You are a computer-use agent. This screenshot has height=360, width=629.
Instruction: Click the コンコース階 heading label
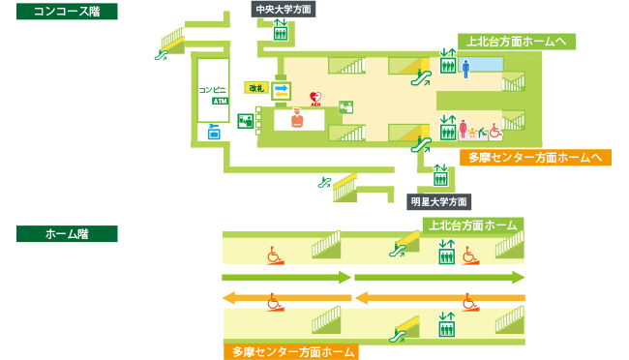tap(67, 12)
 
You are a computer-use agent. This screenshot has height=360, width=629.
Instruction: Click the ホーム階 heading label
tap(67, 233)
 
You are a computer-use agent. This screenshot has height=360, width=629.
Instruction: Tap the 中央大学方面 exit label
tap(284, 10)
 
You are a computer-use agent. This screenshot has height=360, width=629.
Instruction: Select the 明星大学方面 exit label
tap(439, 202)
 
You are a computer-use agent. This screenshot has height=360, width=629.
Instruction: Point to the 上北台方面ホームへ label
tap(517, 42)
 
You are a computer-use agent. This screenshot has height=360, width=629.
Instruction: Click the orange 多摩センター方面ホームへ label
tap(535, 158)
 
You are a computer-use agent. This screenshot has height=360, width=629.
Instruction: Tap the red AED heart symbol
tap(315, 99)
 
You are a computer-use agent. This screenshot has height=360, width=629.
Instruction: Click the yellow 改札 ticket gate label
tap(256, 87)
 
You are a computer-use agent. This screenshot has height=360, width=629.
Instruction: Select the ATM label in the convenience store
tap(221, 102)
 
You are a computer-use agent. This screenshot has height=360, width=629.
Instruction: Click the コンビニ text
tap(212, 89)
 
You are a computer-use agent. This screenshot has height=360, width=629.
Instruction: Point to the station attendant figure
tap(297, 118)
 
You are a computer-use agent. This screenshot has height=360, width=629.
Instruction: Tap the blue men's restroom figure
tap(465, 69)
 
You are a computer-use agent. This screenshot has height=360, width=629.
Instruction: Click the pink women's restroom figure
tap(464, 130)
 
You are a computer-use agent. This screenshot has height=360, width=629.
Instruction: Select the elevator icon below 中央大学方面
tap(281, 30)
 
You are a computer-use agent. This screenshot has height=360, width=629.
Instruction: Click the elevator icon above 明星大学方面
tap(440, 175)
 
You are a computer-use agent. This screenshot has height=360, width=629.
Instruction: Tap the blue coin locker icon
tap(214, 132)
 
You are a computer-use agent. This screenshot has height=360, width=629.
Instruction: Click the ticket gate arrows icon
tap(281, 91)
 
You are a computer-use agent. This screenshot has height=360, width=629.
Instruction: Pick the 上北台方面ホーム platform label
tap(473, 225)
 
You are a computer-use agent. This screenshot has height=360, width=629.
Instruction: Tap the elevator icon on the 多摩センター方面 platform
tap(446, 324)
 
